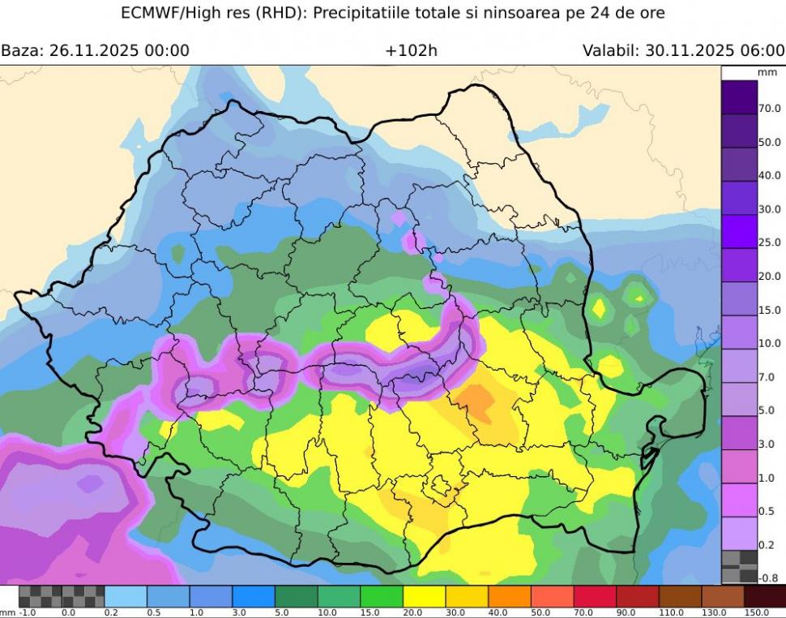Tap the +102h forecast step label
411,50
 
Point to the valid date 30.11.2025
690,50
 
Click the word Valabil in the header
609,50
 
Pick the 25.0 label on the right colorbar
770,242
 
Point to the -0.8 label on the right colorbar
770,578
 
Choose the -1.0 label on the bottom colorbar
28,612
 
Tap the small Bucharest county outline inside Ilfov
442,487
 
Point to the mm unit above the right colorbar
767,72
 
